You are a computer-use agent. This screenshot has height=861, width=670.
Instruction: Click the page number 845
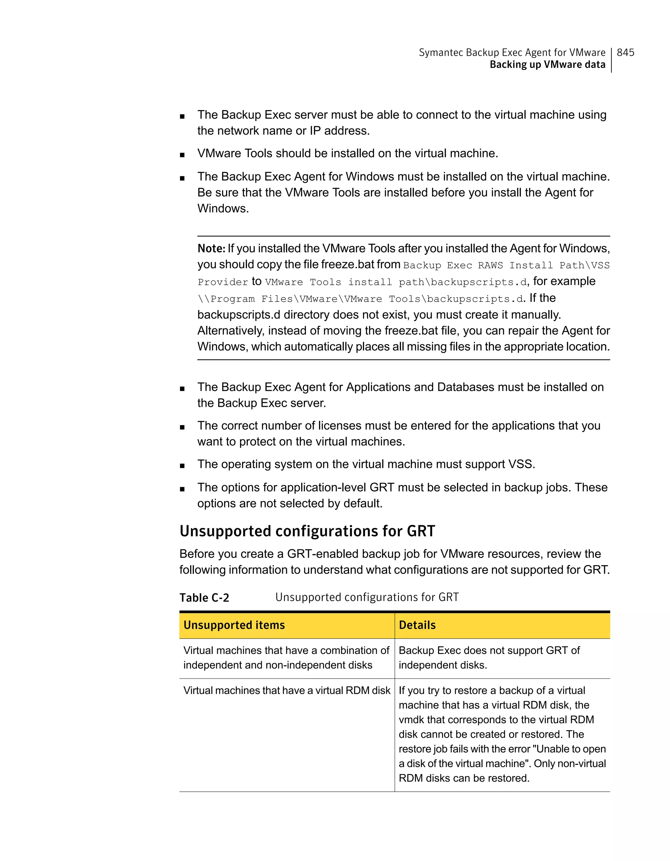pyautogui.click(x=625, y=52)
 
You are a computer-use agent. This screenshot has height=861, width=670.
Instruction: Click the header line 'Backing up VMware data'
pyautogui.click(x=547, y=65)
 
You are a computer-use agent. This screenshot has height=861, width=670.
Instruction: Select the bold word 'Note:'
pyautogui.click(x=211, y=249)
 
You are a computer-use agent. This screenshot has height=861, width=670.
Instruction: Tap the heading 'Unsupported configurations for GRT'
pyautogui.click(x=307, y=531)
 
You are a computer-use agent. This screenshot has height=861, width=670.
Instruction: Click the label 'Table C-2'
pyautogui.click(x=204, y=598)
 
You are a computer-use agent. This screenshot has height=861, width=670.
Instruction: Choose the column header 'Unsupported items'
pyautogui.click(x=234, y=625)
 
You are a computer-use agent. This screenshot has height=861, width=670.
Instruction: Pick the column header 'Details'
pyautogui.click(x=417, y=625)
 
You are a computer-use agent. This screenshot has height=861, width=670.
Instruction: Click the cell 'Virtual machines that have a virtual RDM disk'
pyautogui.click(x=286, y=690)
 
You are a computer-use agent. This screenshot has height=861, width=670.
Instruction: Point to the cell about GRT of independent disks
pyautogui.click(x=489, y=658)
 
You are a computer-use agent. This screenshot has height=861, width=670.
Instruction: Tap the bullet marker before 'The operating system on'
pyautogui.click(x=182, y=466)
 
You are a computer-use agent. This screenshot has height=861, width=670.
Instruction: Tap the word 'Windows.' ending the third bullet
pyautogui.click(x=223, y=208)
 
